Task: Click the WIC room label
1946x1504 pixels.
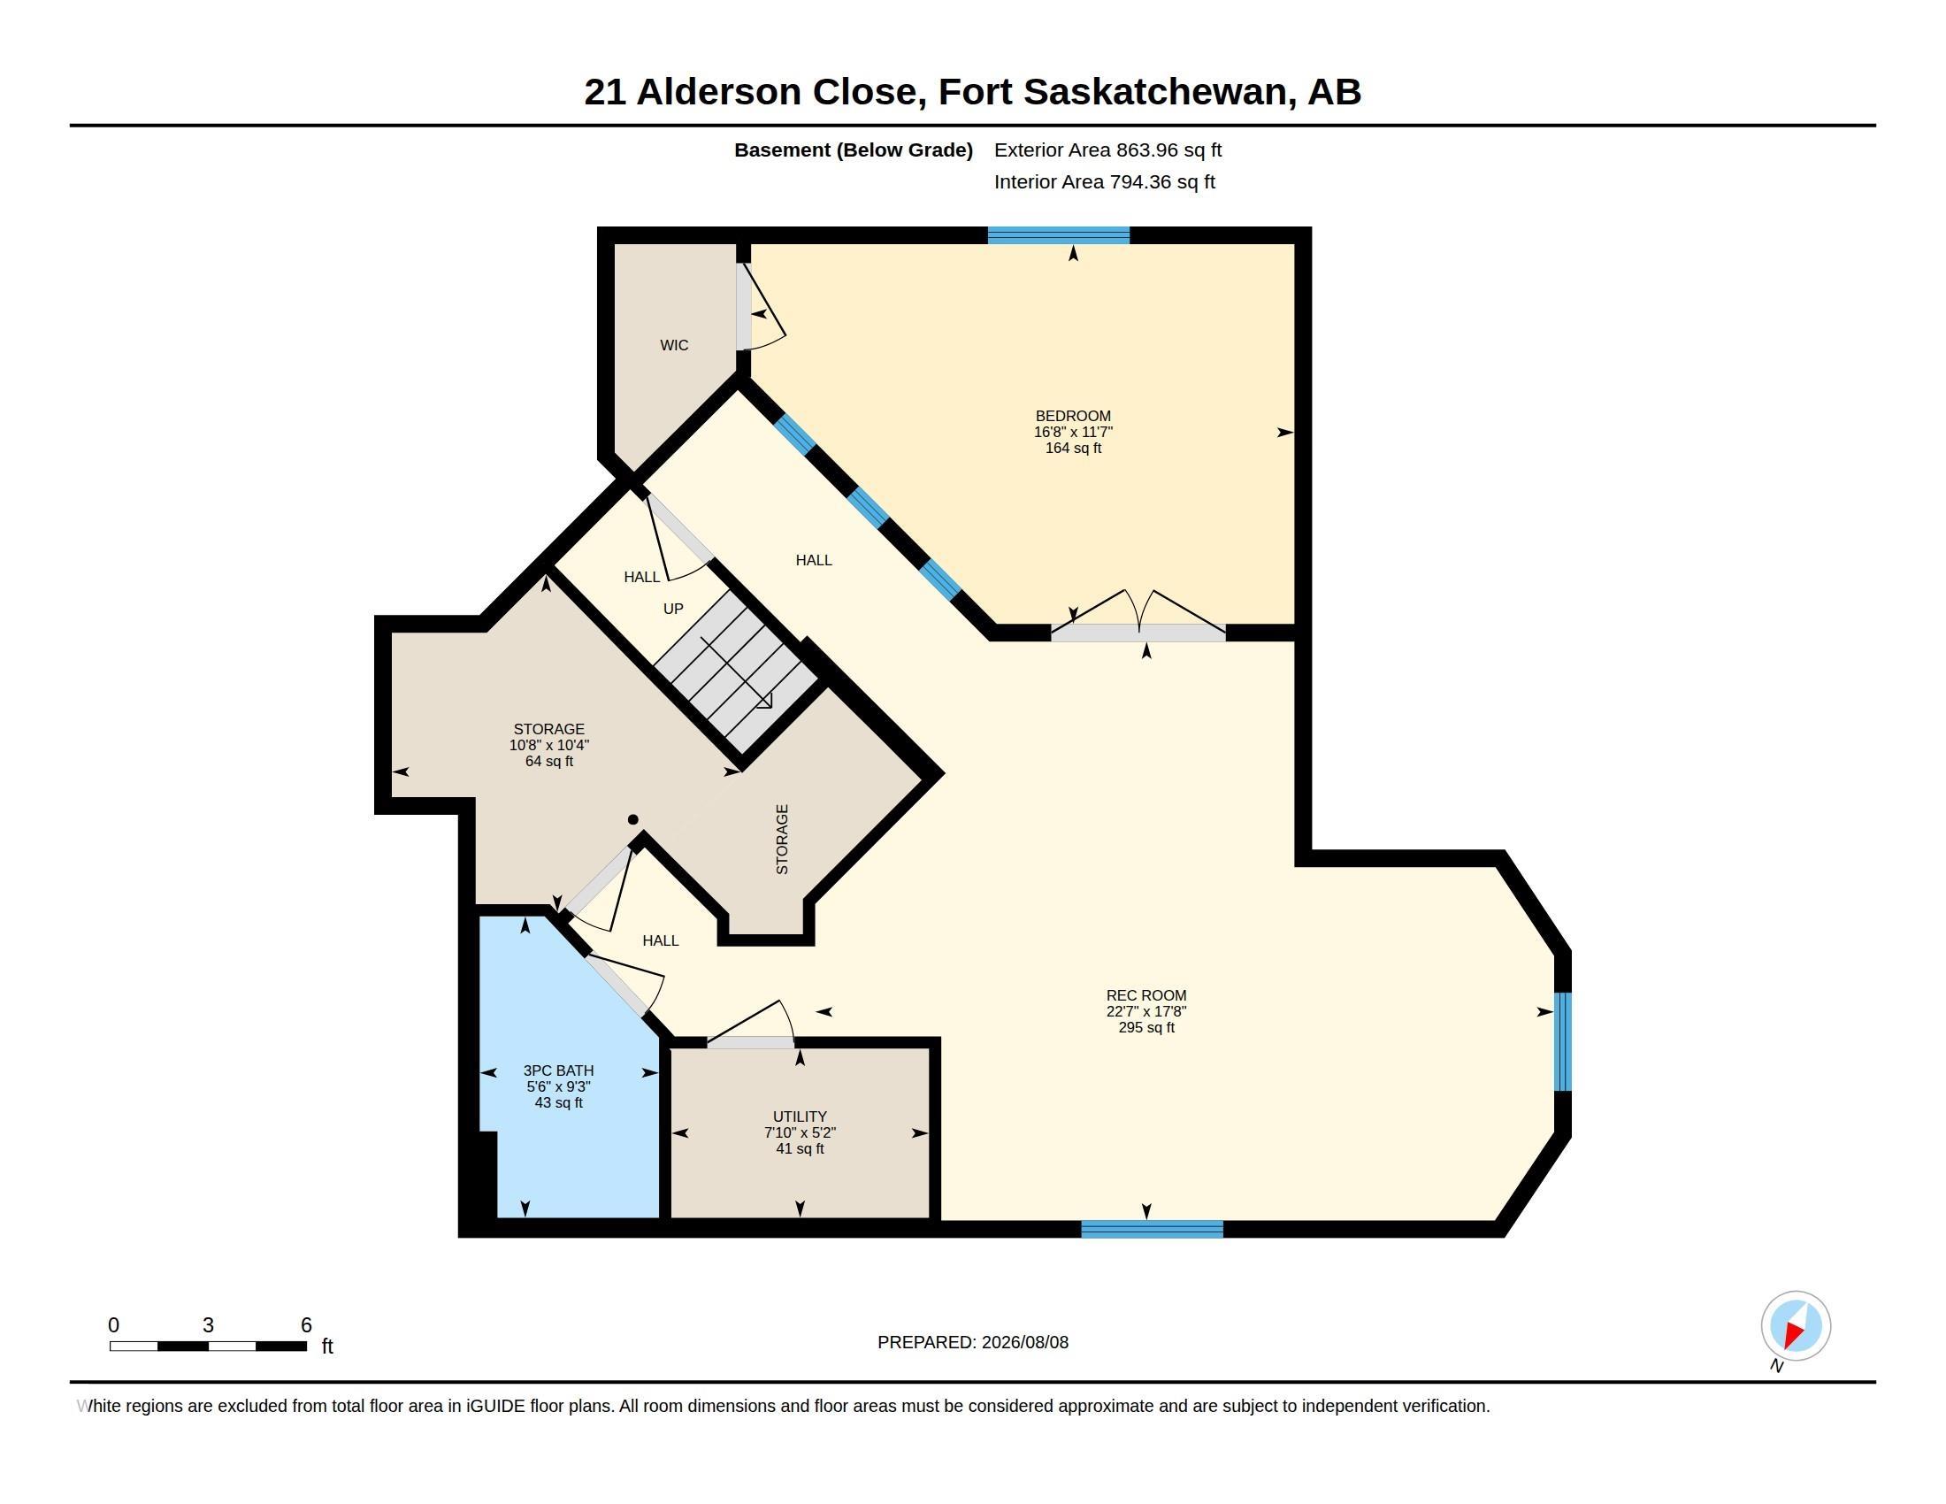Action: point(674,345)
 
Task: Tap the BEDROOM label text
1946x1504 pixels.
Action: point(1073,416)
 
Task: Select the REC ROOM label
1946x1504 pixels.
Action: point(1145,995)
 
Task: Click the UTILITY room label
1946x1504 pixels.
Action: point(800,1116)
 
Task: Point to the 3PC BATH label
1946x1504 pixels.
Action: point(558,1070)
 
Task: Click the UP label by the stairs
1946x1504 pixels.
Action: point(673,609)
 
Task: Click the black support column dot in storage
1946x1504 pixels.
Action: point(632,820)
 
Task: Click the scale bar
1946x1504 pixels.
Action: point(208,1347)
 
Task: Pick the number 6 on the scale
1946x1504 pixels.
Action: point(306,1325)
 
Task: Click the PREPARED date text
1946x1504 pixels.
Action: point(972,1342)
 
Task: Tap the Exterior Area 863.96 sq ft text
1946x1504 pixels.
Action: point(1107,150)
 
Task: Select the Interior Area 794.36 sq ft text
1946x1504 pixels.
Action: point(1104,181)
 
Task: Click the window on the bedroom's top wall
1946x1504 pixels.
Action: point(1059,235)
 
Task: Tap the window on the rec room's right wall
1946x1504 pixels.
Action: point(1562,1041)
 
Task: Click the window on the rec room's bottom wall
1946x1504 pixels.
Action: point(1152,1230)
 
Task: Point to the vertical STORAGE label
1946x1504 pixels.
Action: point(781,840)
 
